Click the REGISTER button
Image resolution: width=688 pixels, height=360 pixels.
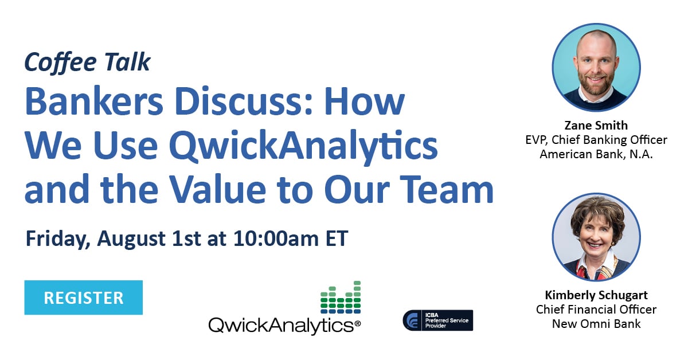83,298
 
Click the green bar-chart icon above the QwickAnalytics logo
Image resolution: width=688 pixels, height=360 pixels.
341,298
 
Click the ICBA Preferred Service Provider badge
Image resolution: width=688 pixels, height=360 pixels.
438,320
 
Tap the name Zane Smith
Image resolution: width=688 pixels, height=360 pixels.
596,126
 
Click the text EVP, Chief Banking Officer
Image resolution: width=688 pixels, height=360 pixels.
596,140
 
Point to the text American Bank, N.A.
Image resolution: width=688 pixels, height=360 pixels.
596,154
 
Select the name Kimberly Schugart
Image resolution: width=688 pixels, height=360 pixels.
596,296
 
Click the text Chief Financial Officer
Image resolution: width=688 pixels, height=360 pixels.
596,310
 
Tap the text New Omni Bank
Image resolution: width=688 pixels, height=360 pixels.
596,324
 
